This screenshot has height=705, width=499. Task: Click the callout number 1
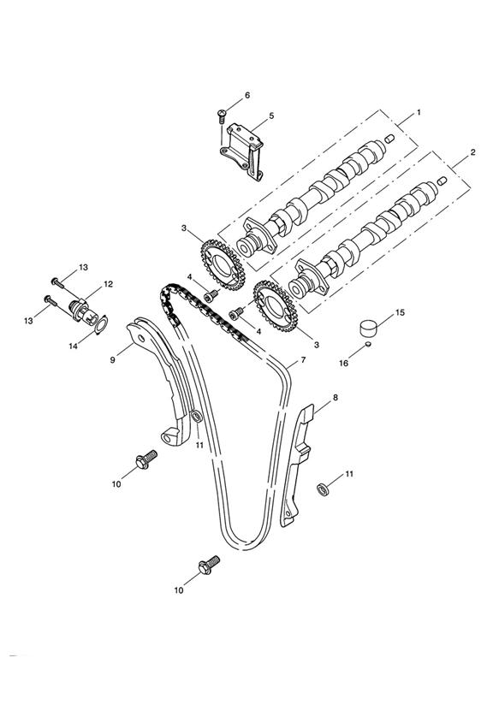[419, 112]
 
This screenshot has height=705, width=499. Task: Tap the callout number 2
[472, 152]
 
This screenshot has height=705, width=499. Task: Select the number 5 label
[271, 116]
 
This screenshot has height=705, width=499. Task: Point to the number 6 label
[247, 95]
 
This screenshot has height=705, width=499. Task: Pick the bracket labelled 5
[242, 151]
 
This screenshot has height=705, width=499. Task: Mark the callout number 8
[336, 398]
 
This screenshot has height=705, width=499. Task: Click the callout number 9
[112, 359]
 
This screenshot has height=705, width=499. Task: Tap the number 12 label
[109, 284]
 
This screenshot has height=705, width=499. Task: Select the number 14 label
[73, 346]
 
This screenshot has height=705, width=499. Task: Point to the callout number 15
[400, 311]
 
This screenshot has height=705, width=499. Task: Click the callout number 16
[343, 363]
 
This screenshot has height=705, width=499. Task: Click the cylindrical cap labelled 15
[368, 327]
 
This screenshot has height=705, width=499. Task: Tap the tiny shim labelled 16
[369, 344]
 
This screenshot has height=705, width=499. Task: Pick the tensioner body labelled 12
[83, 310]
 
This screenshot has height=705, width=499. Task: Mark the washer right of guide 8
[323, 489]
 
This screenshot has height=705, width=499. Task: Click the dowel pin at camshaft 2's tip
[442, 181]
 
